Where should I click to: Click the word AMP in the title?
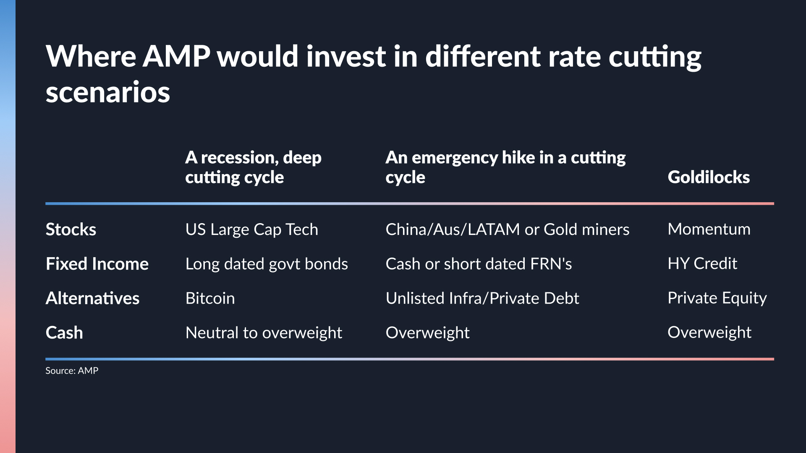176,57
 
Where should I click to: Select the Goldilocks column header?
709,177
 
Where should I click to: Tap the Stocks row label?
71,229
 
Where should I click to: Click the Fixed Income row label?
97,264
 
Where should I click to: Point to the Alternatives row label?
92,298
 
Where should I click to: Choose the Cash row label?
64,333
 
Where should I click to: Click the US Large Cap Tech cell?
252,229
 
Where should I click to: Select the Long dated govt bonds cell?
267,264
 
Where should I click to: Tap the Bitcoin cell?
210,298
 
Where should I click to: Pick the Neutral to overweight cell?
264,333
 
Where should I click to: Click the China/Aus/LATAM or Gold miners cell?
508,229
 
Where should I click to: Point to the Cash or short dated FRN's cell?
479,264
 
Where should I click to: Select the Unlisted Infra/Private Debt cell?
482,298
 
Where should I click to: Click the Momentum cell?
709,229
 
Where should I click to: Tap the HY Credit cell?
702,263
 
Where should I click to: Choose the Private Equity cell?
717,298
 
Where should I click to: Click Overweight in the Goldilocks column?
709,332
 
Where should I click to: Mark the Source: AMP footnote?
72,371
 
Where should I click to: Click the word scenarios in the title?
108,92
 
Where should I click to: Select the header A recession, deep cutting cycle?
253,167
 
